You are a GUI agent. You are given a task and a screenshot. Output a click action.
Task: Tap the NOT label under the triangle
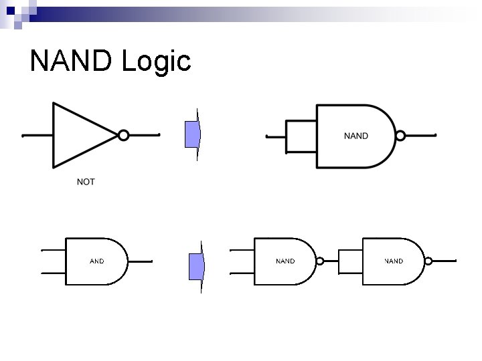tap(86, 182)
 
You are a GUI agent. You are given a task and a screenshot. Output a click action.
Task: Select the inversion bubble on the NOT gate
tap(123, 135)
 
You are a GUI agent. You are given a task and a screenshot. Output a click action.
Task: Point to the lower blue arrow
tap(196, 266)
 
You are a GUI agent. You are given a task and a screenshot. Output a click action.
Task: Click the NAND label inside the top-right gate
tap(355, 136)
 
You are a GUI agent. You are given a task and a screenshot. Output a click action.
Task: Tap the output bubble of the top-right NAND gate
tap(400, 136)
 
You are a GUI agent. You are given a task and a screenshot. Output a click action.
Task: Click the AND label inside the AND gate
tap(96, 261)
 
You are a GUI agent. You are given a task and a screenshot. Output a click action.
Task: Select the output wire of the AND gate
tap(140, 261)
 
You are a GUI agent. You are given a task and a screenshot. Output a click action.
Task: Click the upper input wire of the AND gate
tap(54, 251)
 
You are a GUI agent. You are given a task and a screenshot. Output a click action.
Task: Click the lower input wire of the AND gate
tap(54, 273)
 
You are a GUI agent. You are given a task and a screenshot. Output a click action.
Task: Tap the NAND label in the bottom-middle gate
tap(285, 261)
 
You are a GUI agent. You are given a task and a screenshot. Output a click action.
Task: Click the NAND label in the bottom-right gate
tap(394, 261)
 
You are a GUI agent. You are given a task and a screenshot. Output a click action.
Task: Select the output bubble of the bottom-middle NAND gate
tap(320, 261)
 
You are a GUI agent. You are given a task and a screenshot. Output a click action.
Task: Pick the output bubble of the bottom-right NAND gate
tap(428, 261)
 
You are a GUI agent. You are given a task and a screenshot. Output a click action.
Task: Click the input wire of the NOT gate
tap(37, 136)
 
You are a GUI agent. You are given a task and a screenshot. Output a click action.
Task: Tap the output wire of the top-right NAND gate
tap(420, 136)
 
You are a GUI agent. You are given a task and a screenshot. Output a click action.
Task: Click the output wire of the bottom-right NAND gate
tap(444, 261)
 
